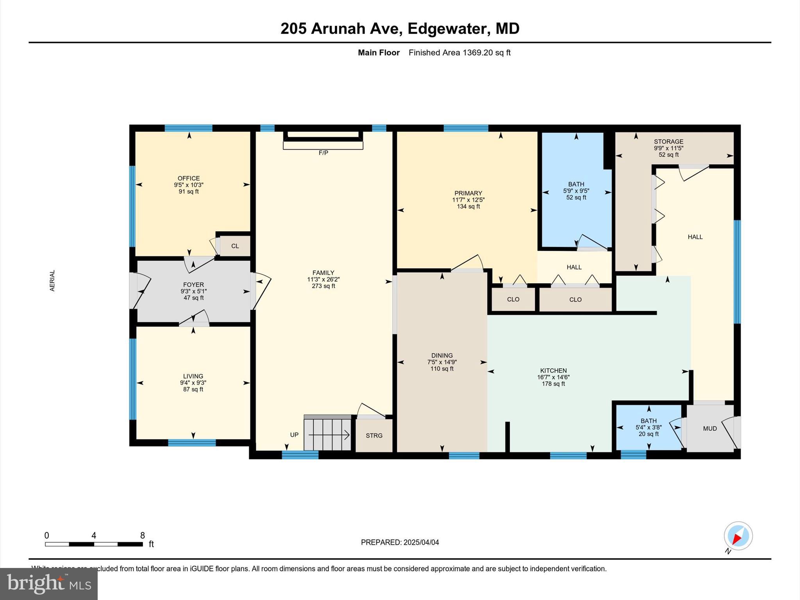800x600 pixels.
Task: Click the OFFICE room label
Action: point(189,178)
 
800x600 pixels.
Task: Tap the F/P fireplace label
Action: point(323,153)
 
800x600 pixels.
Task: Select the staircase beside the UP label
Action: point(327,433)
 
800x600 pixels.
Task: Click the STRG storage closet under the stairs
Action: point(374,436)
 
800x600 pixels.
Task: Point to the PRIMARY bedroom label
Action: point(468,193)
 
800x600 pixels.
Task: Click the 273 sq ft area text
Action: point(323,286)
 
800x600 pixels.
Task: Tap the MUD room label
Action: point(710,429)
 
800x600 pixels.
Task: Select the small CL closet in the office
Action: point(235,246)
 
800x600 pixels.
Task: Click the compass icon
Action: point(738,536)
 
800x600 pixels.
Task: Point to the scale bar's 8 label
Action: point(143,535)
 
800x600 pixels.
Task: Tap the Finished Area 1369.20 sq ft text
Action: point(459,53)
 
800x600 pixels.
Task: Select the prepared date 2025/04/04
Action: point(421,542)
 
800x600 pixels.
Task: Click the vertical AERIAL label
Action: point(52,280)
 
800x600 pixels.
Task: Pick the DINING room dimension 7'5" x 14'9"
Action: point(442,362)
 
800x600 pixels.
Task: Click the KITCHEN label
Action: point(553,371)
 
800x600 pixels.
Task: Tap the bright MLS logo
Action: point(49,584)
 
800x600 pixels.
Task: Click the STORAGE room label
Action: point(669,142)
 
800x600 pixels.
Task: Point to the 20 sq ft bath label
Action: point(648,434)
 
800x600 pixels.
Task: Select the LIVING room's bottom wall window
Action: point(192,443)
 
